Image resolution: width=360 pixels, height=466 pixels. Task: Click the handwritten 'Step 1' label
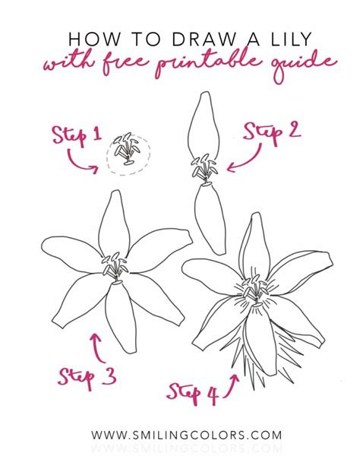pos(76,136)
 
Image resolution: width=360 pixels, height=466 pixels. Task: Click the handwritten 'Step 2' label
pos(272,133)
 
